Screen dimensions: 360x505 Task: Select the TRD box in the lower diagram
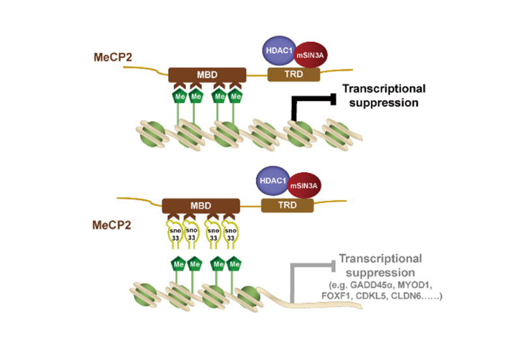tap(287, 206)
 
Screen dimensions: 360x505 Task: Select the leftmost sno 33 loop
tap(173, 233)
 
